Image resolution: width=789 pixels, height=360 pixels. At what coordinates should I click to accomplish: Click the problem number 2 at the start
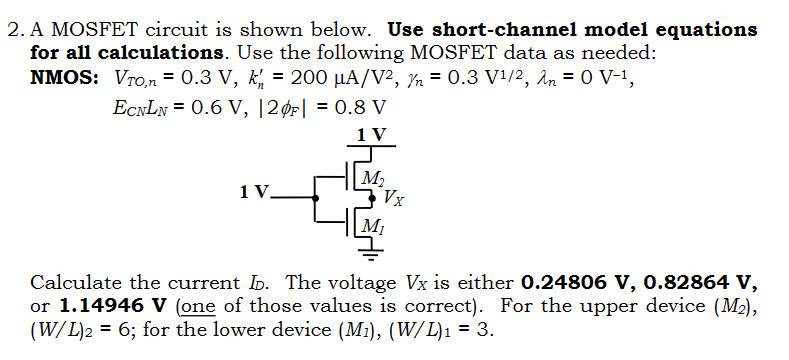12,30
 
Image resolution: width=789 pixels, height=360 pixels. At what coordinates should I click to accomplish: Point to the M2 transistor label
372,180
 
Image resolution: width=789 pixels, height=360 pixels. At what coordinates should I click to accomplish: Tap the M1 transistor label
373,225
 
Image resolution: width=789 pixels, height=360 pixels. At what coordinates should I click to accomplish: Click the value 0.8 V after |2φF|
366,107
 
